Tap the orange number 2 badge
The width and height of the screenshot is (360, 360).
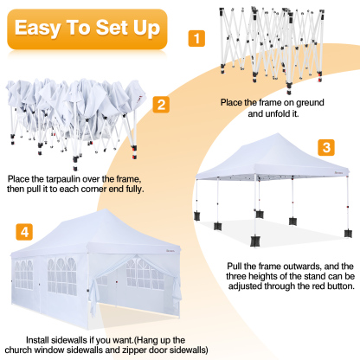[160, 105]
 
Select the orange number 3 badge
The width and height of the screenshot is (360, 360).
[325, 147]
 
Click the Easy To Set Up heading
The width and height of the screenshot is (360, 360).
[86, 29]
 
